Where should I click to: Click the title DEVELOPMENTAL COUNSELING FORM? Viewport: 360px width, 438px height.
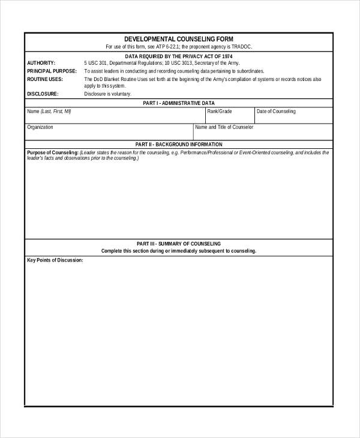[x=179, y=39]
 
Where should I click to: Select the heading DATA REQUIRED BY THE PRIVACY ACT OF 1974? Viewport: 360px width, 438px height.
[x=179, y=56]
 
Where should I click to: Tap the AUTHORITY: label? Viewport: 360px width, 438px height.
[x=41, y=63]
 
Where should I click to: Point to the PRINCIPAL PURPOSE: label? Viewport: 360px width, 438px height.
[x=52, y=71]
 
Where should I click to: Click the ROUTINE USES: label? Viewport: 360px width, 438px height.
[x=45, y=79]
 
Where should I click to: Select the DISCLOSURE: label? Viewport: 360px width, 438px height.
[x=43, y=94]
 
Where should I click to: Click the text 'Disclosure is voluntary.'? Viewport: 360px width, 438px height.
[x=107, y=94]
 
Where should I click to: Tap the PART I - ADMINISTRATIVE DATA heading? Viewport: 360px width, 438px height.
[x=179, y=103]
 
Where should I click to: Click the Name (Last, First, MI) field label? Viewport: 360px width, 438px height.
[x=49, y=112]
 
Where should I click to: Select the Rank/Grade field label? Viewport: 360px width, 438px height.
[x=220, y=112]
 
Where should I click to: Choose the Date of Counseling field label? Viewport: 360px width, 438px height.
[x=276, y=112]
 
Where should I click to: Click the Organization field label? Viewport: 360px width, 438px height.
[x=40, y=127]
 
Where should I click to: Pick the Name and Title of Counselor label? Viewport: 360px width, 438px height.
[x=224, y=127]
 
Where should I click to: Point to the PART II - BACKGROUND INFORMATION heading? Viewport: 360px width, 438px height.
[x=179, y=145]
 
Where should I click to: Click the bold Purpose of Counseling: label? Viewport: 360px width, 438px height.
[x=53, y=152]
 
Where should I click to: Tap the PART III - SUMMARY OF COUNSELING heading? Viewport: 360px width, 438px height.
[x=179, y=244]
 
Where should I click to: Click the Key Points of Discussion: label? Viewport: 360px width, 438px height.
[x=55, y=260]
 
